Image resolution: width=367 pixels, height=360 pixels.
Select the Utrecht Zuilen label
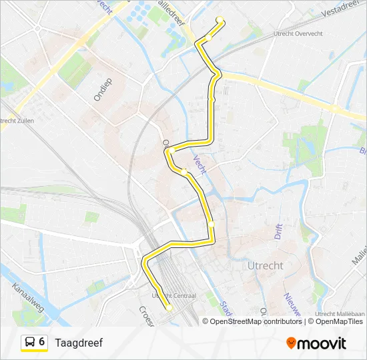(17, 120)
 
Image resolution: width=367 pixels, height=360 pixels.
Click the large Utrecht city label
(266, 265)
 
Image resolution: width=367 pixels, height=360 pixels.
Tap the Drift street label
(278, 231)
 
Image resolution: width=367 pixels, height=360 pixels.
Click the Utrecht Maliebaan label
(338, 313)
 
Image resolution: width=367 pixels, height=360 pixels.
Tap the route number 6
(42, 342)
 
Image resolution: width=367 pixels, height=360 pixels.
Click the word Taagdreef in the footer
(79, 343)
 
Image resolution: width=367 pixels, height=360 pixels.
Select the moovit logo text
(322, 343)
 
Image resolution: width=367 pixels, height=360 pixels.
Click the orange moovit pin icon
(292, 343)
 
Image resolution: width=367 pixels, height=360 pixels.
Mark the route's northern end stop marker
(220, 19)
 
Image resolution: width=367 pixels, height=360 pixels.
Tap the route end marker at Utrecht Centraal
(169, 307)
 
